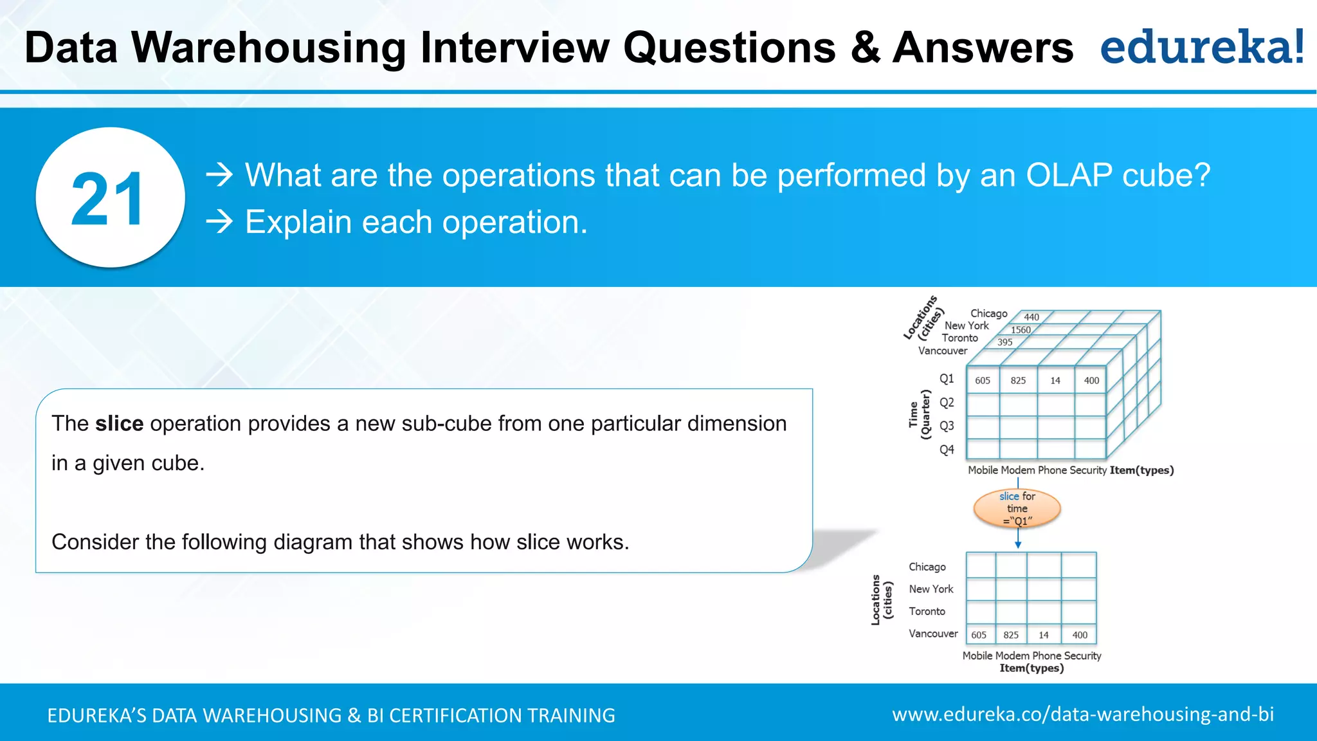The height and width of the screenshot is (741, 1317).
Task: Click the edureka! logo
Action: [1202, 48]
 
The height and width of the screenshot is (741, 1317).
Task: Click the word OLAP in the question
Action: [1068, 175]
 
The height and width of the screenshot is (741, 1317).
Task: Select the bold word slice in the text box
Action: [119, 424]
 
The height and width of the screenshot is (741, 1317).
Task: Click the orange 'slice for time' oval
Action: [1017, 508]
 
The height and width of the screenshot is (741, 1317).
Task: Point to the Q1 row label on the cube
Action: [947, 379]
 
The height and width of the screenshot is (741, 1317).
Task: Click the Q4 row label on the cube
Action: [947, 450]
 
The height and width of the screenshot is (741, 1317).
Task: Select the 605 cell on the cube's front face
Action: [983, 381]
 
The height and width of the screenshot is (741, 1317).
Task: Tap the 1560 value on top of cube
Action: [1021, 330]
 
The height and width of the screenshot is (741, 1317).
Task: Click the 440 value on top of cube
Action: [1031, 317]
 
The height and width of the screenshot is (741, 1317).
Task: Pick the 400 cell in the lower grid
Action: [1080, 635]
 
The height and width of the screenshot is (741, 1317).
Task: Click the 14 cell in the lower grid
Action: [1044, 635]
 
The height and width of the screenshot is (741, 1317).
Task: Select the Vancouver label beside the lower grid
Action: [933, 634]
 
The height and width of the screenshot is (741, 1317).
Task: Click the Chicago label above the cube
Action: [988, 313]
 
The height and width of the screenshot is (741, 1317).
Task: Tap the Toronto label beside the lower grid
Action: [927, 611]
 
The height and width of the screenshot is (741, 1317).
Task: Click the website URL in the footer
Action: [1083, 714]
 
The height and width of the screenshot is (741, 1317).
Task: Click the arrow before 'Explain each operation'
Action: [219, 222]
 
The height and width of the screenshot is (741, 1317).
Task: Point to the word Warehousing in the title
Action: [268, 48]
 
